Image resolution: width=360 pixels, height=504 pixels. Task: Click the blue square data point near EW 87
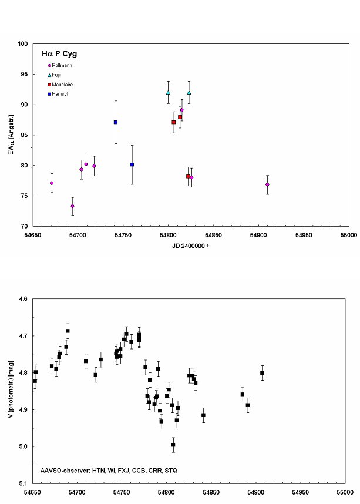click(x=116, y=122)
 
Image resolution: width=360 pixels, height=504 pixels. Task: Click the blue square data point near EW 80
click(x=132, y=164)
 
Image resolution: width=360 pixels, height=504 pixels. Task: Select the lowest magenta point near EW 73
click(x=73, y=206)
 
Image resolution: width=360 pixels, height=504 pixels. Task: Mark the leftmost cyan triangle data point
click(x=168, y=92)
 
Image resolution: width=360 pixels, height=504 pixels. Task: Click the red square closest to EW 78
click(x=188, y=176)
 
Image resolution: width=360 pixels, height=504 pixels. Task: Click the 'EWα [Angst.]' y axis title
click(x=8, y=135)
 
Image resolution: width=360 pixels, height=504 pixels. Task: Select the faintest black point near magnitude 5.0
click(x=173, y=445)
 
